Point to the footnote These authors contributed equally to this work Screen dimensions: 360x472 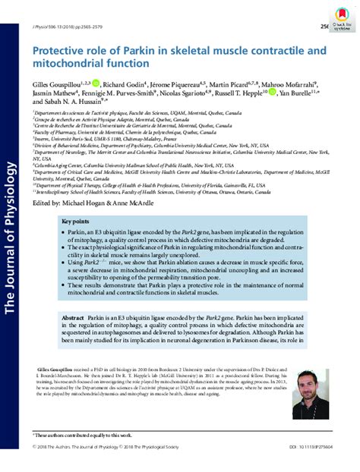click(82, 434)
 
